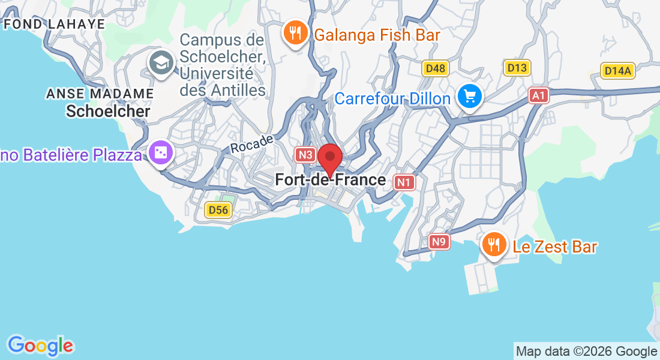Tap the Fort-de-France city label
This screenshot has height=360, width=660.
pyautogui.click(x=330, y=179)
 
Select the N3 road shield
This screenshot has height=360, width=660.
pyautogui.click(x=305, y=155)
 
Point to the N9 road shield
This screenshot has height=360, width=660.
pyautogui.click(x=440, y=242)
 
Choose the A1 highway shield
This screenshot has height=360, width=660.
pyautogui.click(x=539, y=95)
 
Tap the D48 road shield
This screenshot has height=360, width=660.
pyautogui.click(x=435, y=68)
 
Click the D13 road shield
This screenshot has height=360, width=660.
pyautogui.click(x=517, y=67)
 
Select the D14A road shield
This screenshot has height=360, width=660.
pyautogui.click(x=618, y=71)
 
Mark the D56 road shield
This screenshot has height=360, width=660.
pyautogui.click(x=218, y=209)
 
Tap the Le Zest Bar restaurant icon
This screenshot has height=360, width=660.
pyautogui.click(x=494, y=244)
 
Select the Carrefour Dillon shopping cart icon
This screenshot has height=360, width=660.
pyautogui.click(x=469, y=96)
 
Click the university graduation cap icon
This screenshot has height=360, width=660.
pyautogui.click(x=161, y=62)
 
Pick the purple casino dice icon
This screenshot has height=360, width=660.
pyautogui.click(x=161, y=154)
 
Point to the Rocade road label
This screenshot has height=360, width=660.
pyautogui.click(x=252, y=143)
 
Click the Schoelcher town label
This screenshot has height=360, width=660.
pyautogui.click(x=108, y=111)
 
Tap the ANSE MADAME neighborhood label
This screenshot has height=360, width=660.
pyautogui.click(x=100, y=94)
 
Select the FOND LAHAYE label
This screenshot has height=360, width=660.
pyautogui.click(x=54, y=24)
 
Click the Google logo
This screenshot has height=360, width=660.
pyautogui.click(x=40, y=346)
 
